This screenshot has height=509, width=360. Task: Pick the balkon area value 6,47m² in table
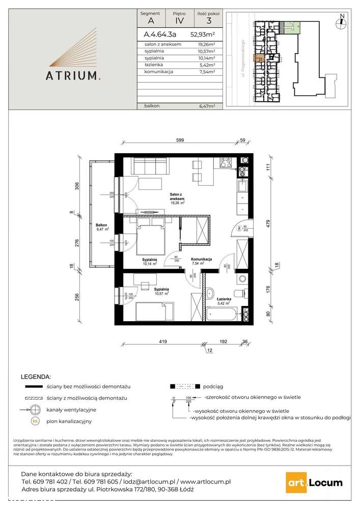coord(206,106)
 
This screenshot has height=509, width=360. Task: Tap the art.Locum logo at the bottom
coord(314,483)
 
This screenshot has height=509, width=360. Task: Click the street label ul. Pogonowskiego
coord(244,58)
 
